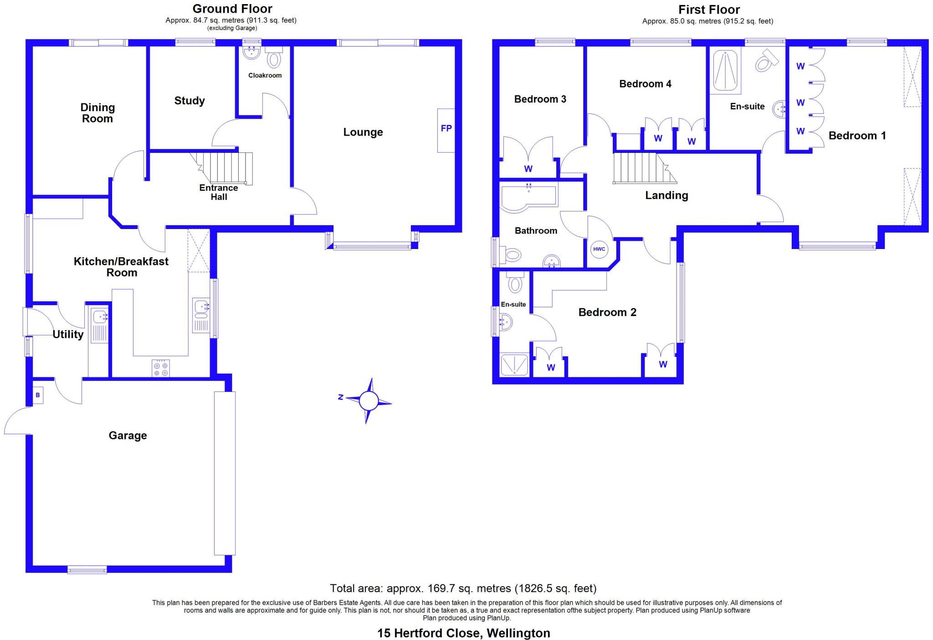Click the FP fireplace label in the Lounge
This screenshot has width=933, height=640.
click(x=446, y=128)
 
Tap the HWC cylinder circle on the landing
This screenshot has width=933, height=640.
click(x=599, y=249)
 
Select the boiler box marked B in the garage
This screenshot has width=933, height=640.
click(x=38, y=395)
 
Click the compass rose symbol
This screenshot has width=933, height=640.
click(x=368, y=401)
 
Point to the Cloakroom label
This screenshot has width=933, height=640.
click(x=265, y=76)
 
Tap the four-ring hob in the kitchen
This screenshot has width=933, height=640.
click(x=161, y=368)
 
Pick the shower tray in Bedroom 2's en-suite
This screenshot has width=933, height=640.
click(x=514, y=365)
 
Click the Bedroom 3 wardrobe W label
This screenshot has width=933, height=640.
click(x=528, y=169)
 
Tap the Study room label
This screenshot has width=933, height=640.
click(x=190, y=101)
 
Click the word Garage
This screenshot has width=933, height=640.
click(x=128, y=436)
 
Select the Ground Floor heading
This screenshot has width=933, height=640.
click(x=232, y=9)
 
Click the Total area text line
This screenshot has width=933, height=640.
click(x=463, y=589)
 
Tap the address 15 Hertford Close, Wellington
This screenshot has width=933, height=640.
click(x=464, y=633)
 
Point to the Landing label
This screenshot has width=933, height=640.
click(x=666, y=196)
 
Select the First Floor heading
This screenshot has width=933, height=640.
click(x=709, y=10)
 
